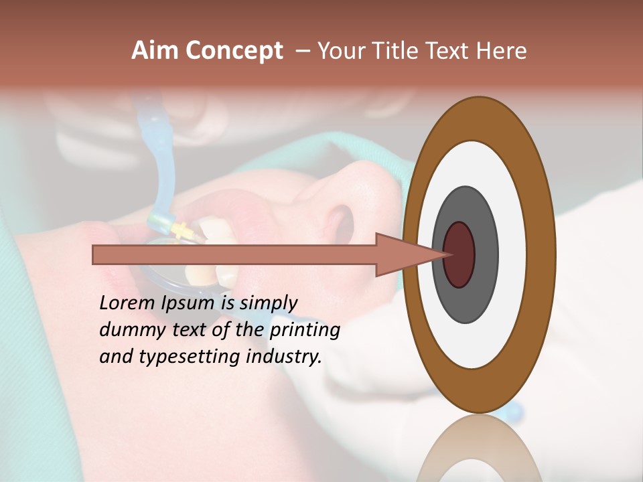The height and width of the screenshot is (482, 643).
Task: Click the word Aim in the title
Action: pos(155,51)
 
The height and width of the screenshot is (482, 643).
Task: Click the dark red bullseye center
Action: pos(459,255)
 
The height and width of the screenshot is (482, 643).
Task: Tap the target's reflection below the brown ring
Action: pos(480,449)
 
